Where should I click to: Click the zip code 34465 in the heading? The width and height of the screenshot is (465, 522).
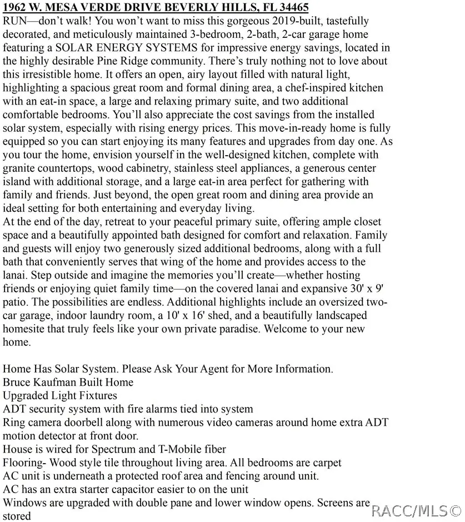(293, 8)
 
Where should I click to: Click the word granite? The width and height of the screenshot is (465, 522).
(21, 168)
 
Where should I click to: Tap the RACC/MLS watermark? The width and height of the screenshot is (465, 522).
(416, 510)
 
